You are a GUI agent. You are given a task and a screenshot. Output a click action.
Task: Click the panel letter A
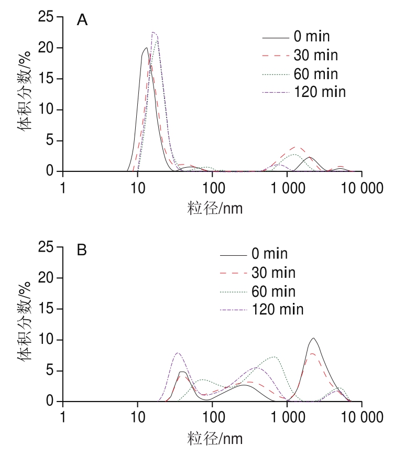pyautogui.click(x=82, y=20)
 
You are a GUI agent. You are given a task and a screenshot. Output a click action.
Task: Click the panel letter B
pyautogui.click(x=82, y=250)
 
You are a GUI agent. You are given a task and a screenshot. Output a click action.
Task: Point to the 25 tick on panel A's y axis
pyautogui.click(x=46, y=17)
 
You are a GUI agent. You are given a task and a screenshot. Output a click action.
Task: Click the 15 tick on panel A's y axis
pyautogui.click(x=46, y=79)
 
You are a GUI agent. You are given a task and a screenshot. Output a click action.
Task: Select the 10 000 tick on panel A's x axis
pyautogui.click(x=362, y=188)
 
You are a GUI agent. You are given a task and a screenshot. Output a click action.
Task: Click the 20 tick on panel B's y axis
pyautogui.click(x=46, y=278)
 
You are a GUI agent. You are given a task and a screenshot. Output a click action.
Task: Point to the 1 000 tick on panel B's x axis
pyautogui.click(x=288, y=417)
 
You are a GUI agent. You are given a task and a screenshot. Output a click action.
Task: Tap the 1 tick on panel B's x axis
pyautogui.click(x=63, y=417)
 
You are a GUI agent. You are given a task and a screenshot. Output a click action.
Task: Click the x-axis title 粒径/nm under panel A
pyautogui.click(x=215, y=209)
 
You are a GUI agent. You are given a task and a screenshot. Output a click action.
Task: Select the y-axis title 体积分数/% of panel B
pyautogui.click(x=25, y=321)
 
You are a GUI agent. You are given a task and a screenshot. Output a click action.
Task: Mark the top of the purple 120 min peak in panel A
pyautogui.click(x=153, y=32)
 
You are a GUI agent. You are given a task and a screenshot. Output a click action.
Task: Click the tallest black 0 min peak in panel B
pyautogui.click(x=314, y=338)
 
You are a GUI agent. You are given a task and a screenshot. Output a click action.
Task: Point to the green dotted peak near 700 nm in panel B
pyautogui.click(x=274, y=357)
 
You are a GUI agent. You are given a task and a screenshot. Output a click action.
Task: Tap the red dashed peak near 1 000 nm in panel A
pyautogui.click(x=296, y=147)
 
